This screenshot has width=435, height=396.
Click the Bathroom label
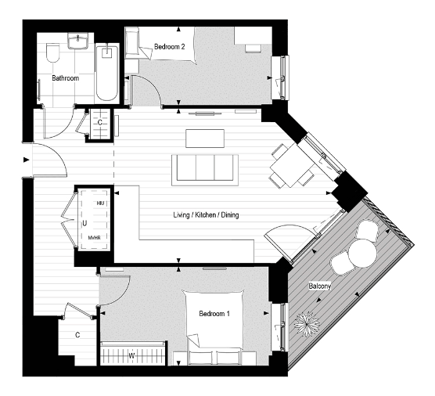(x=64, y=78)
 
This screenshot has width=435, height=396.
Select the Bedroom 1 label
(x=215, y=314)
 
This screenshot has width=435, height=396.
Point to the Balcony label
(x=319, y=286)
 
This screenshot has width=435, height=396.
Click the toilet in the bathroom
(x=52, y=54)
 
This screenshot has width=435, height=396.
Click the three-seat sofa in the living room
(x=205, y=167)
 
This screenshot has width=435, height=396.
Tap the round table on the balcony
(x=362, y=253)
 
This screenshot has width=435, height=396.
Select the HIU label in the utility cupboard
(x=100, y=203)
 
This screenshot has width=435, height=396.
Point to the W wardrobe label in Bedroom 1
(x=131, y=356)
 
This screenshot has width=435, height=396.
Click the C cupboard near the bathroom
(x=101, y=123)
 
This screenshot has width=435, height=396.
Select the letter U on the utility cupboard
(x=84, y=222)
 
